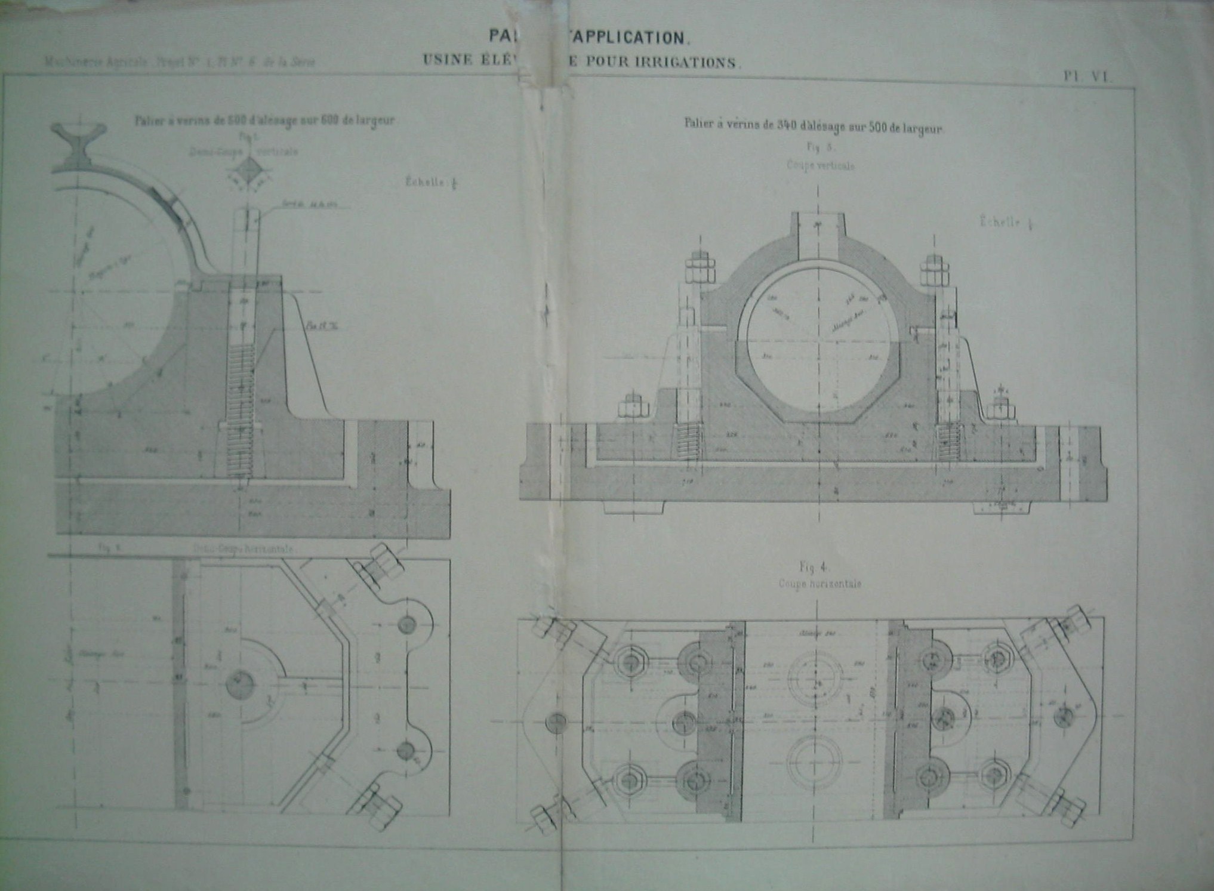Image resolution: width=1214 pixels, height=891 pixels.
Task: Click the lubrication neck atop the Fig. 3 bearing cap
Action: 816,230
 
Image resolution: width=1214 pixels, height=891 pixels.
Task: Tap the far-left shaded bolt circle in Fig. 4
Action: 555,723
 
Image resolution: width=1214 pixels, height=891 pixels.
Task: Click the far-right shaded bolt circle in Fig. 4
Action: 1063,716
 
